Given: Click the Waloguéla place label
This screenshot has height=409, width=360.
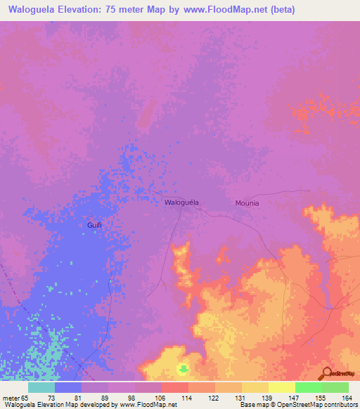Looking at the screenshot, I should tap(181, 202).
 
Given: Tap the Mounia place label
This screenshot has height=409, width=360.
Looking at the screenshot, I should tap(247, 203).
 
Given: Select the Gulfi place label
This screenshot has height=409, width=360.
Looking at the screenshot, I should tap(95, 225).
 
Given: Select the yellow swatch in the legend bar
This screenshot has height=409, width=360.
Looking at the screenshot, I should tap(282, 387).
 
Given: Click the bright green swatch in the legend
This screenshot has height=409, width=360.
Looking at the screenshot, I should tap(309, 387).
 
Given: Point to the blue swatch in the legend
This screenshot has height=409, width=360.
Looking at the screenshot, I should tap(68, 387).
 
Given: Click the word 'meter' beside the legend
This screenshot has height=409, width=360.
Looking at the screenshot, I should tap(11, 397).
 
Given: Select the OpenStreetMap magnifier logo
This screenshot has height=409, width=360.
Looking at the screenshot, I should tap(327, 373).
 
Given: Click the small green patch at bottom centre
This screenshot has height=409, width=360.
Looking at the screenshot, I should tap(184, 368).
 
